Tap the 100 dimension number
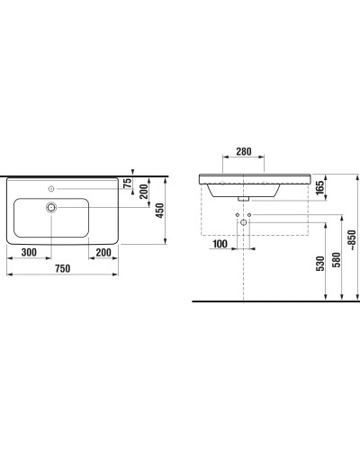click(220, 244)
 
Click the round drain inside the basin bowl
click(53, 208)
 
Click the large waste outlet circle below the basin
click(242, 222)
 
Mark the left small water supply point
click(236, 215)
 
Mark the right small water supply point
click(249, 215)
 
